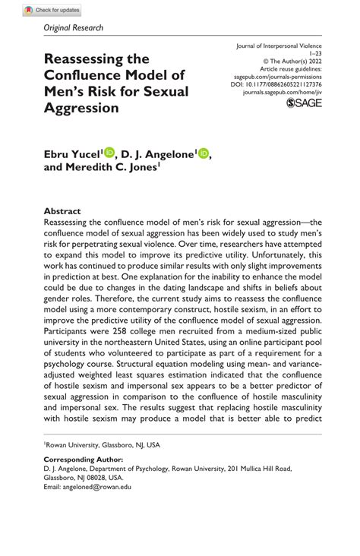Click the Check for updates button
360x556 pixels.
52,11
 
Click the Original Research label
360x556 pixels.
73,28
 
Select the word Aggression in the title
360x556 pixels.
82,107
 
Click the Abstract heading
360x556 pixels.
62,210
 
